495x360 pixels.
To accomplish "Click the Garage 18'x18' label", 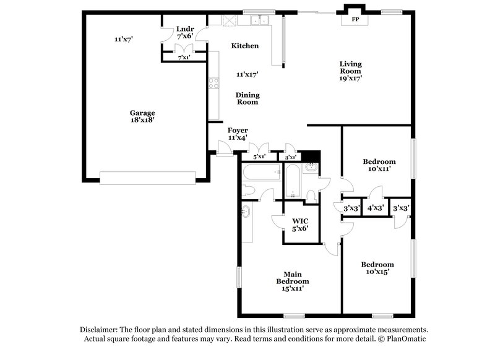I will pos(142,116).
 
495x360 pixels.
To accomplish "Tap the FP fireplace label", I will pos(356,20).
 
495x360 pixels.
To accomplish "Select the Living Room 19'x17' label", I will pos(350,71).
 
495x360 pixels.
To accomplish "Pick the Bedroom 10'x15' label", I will pos(377,268).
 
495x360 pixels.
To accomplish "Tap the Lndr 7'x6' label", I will pos(185,32).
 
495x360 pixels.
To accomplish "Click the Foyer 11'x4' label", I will pos(238,134).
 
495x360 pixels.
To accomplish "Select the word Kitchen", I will pos(245,46).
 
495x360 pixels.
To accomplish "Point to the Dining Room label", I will pos(247,98).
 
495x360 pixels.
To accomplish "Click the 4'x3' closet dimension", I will pos(375,208).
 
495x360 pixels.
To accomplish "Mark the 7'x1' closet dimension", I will pos(184,58).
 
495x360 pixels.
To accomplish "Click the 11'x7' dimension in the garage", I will pos(124,39).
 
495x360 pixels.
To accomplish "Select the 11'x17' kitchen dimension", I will pos(247,74).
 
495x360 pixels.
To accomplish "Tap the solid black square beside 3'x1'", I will pos(313,156).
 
